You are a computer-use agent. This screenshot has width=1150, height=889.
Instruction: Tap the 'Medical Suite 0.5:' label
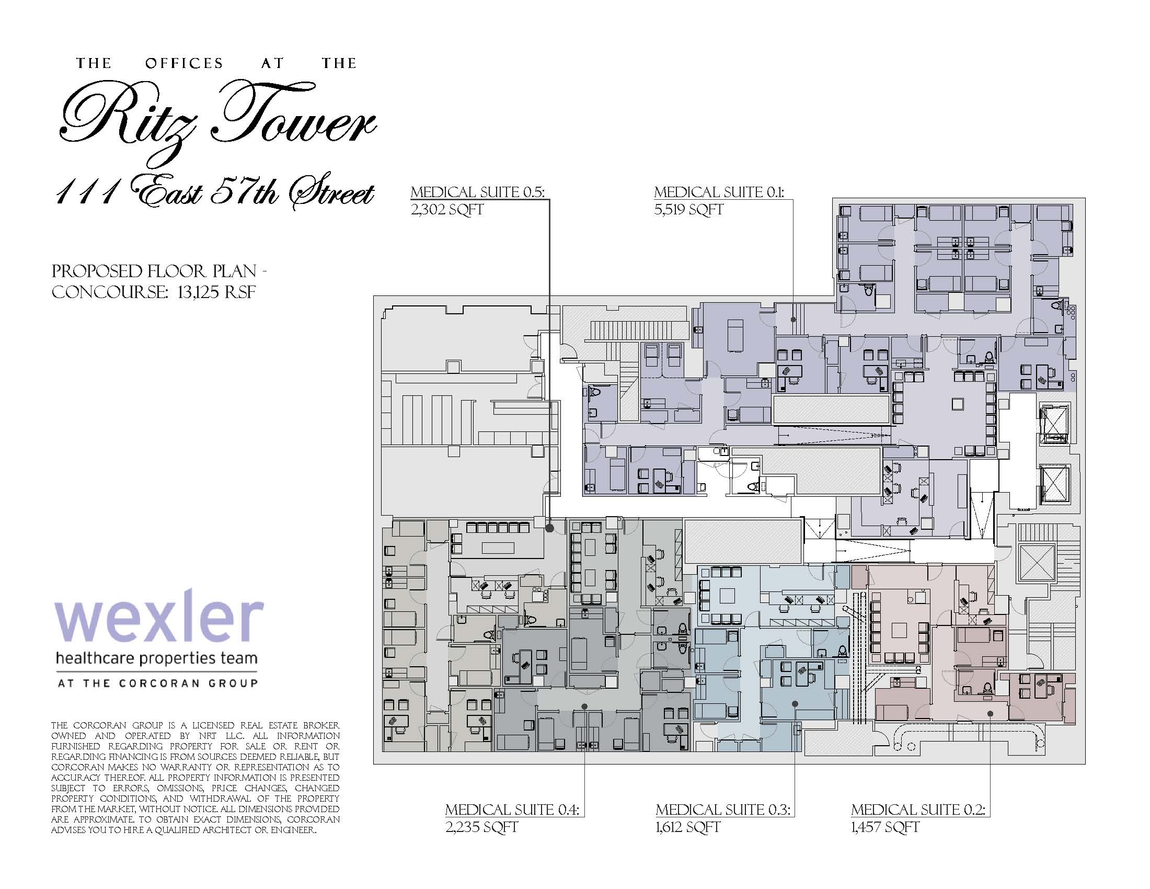[x=478, y=192]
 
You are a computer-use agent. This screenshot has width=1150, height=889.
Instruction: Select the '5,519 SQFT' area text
[x=689, y=210]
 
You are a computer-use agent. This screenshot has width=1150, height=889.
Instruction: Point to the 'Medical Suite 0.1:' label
[x=719, y=192]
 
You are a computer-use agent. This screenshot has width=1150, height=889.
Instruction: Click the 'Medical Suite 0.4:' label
[x=512, y=810]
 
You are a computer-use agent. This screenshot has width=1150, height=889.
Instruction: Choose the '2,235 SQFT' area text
[x=482, y=827]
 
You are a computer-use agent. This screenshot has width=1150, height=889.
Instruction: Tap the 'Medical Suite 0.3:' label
[x=723, y=810]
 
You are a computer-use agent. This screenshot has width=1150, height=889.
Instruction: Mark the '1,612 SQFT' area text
[x=688, y=827]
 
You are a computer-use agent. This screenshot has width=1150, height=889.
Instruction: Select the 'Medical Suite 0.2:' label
[x=918, y=810]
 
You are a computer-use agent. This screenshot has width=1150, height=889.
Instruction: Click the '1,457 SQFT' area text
[x=885, y=827]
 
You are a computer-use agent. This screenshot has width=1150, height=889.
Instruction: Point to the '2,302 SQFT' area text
[x=447, y=210]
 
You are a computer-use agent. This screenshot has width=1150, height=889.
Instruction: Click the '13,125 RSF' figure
[x=216, y=292]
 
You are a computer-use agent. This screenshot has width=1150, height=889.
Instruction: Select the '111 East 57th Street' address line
[x=215, y=195]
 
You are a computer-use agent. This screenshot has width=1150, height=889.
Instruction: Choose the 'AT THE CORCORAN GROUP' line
[x=157, y=683]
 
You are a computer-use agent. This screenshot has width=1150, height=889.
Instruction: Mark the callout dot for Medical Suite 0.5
[x=549, y=528]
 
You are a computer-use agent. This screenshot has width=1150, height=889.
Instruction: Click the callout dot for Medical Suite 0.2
[x=990, y=714]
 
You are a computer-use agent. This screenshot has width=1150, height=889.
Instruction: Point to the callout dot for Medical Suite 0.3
[x=795, y=703]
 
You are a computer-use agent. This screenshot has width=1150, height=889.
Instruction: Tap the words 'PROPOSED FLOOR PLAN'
[x=154, y=272]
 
